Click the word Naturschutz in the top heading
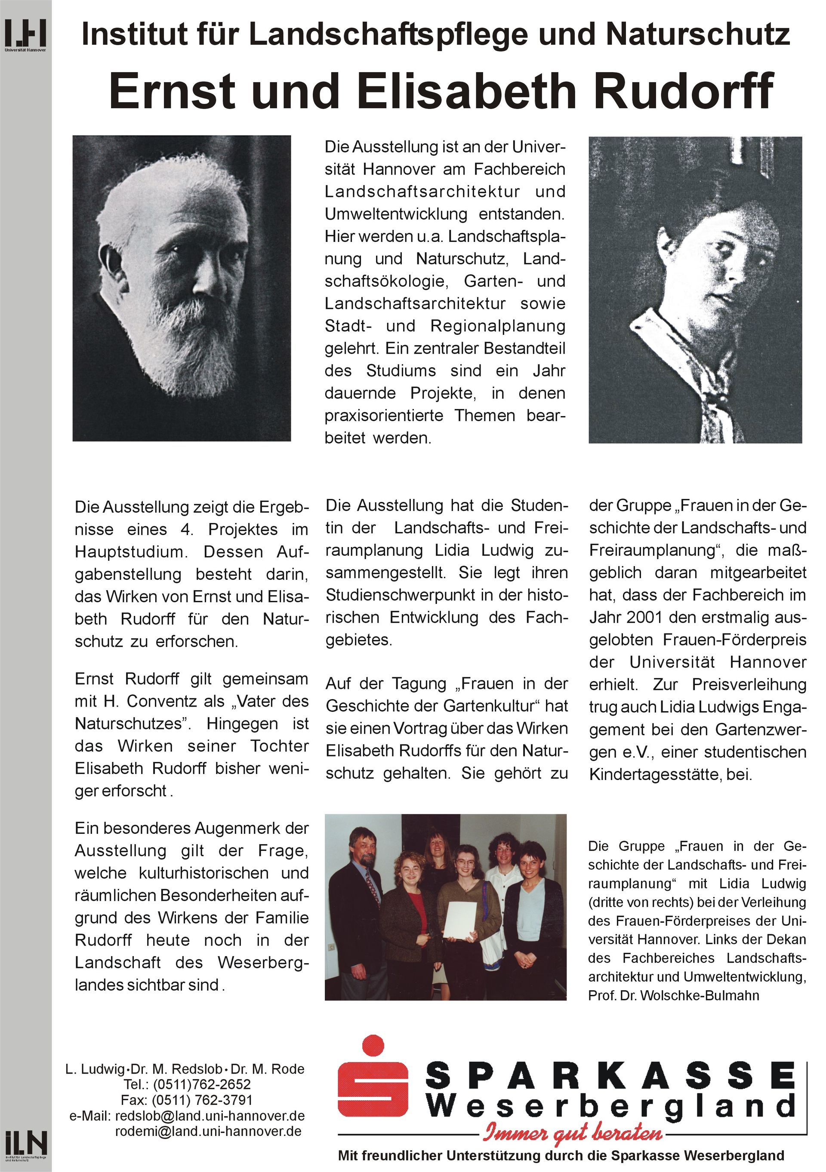pos(698,35)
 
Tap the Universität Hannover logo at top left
pos(25,35)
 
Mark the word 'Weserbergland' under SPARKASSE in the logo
pos(610,1107)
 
